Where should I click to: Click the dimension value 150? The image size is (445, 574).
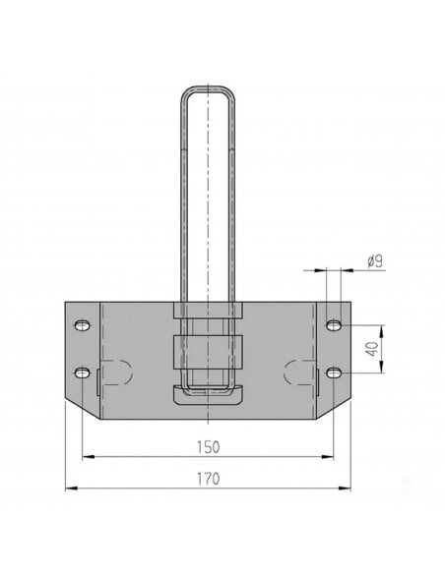pyautogui.click(x=208, y=446)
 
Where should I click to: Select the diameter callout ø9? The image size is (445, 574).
pyautogui.click(x=374, y=261)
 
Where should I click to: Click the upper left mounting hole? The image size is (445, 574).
pyautogui.click(x=82, y=324)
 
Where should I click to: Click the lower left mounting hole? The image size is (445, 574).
pyautogui.click(x=82, y=372)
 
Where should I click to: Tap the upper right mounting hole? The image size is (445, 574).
pyautogui.click(x=335, y=324)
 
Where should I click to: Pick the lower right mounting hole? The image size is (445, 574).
pyautogui.click(x=335, y=372)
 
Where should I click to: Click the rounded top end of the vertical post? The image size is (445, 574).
pyautogui.click(x=208, y=93)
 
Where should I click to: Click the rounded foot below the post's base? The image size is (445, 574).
pyautogui.click(x=208, y=395)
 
